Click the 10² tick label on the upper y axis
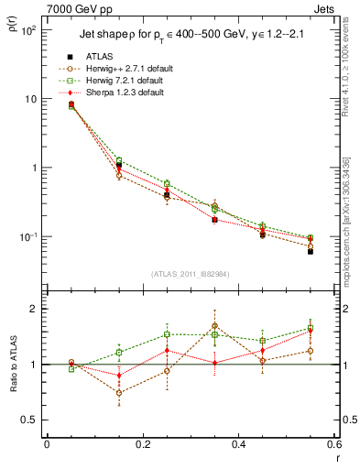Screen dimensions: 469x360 28,30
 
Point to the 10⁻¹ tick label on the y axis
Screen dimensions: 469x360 28,237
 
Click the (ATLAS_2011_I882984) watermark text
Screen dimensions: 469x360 190,274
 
